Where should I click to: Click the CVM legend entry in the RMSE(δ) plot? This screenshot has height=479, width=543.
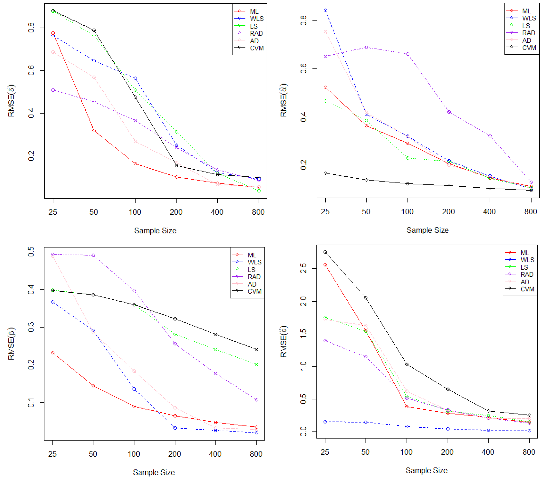[x=256, y=48]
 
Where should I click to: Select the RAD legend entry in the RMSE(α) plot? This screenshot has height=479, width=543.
[x=528, y=33]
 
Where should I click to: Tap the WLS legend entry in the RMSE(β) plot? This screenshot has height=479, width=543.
[x=254, y=262]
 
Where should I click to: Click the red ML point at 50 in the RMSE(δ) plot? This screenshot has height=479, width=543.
[x=94, y=130]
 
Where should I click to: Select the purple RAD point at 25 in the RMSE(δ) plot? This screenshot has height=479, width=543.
[x=53, y=90]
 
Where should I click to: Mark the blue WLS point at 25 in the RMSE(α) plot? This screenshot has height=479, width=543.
[x=325, y=10]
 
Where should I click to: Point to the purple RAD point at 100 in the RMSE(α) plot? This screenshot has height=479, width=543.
[x=408, y=54]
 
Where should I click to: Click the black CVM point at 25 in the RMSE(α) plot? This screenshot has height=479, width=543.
[x=325, y=173]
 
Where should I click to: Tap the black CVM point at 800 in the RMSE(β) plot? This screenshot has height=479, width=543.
[x=256, y=350]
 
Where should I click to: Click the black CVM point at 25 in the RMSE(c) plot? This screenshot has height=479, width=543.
[x=325, y=252]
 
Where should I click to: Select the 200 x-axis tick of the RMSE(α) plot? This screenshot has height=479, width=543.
[x=448, y=212]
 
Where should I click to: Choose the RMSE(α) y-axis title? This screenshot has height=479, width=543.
[x=284, y=100]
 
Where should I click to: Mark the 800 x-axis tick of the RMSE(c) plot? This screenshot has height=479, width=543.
[x=529, y=452]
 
